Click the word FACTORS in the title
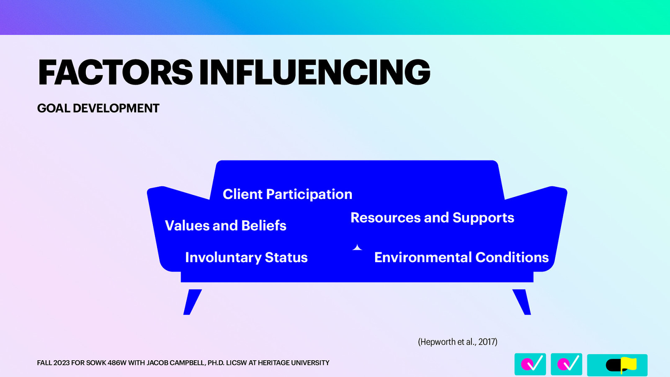pos(115,72)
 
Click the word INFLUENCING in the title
pos(314,72)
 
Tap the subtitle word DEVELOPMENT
pos(116,108)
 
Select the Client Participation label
pos(287,194)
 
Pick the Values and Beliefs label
pos(225,226)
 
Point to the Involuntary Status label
pos(246,257)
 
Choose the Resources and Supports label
pos(432,218)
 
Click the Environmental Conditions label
pos(461,257)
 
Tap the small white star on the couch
pos(357,248)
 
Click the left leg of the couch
pos(192,302)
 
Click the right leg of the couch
pos(522,302)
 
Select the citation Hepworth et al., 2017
pos(457,342)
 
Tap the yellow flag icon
pos(628,364)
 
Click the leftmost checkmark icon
pos(530,364)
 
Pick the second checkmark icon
pos(566,364)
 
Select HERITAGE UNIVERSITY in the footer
pos(294,363)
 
